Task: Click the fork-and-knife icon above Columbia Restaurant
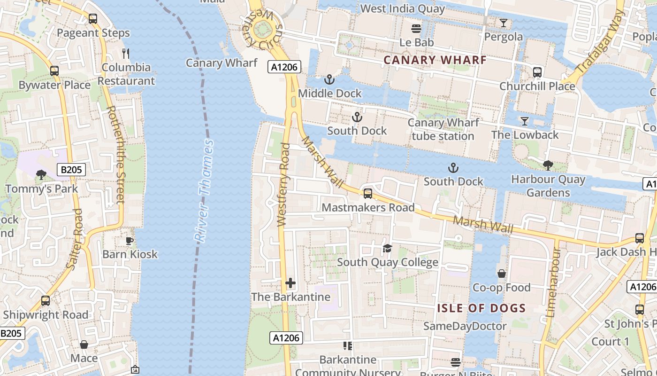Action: pyautogui.click(x=125, y=53)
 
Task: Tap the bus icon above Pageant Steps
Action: pyautogui.click(x=93, y=19)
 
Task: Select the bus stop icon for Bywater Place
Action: pyautogui.click(x=54, y=71)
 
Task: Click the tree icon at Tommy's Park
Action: pyautogui.click(x=41, y=175)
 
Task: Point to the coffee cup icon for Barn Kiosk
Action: pyautogui.click(x=130, y=241)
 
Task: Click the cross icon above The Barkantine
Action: pyautogui.click(x=290, y=283)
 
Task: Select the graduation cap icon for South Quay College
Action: pyautogui.click(x=387, y=248)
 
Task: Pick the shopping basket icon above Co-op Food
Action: pyautogui.click(x=502, y=274)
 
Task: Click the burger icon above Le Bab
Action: pyautogui.click(x=416, y=29)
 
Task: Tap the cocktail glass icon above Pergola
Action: pyautogui.click(x=504, y=23)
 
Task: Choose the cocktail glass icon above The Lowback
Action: pyautogui.click(x=525, y=121)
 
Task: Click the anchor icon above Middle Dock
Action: pyautogui.click(x=329, y=79)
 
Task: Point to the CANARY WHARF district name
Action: pyautogui.click(x=435, y=60)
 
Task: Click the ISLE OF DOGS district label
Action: pyautogui.click(x=481, y=308)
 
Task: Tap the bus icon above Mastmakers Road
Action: pyautogui.click(x=368, y=193)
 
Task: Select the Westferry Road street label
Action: pyautogui.click(x=283, y=185)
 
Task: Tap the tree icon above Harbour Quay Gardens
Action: pyautogui.click(x=548, y=165)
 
